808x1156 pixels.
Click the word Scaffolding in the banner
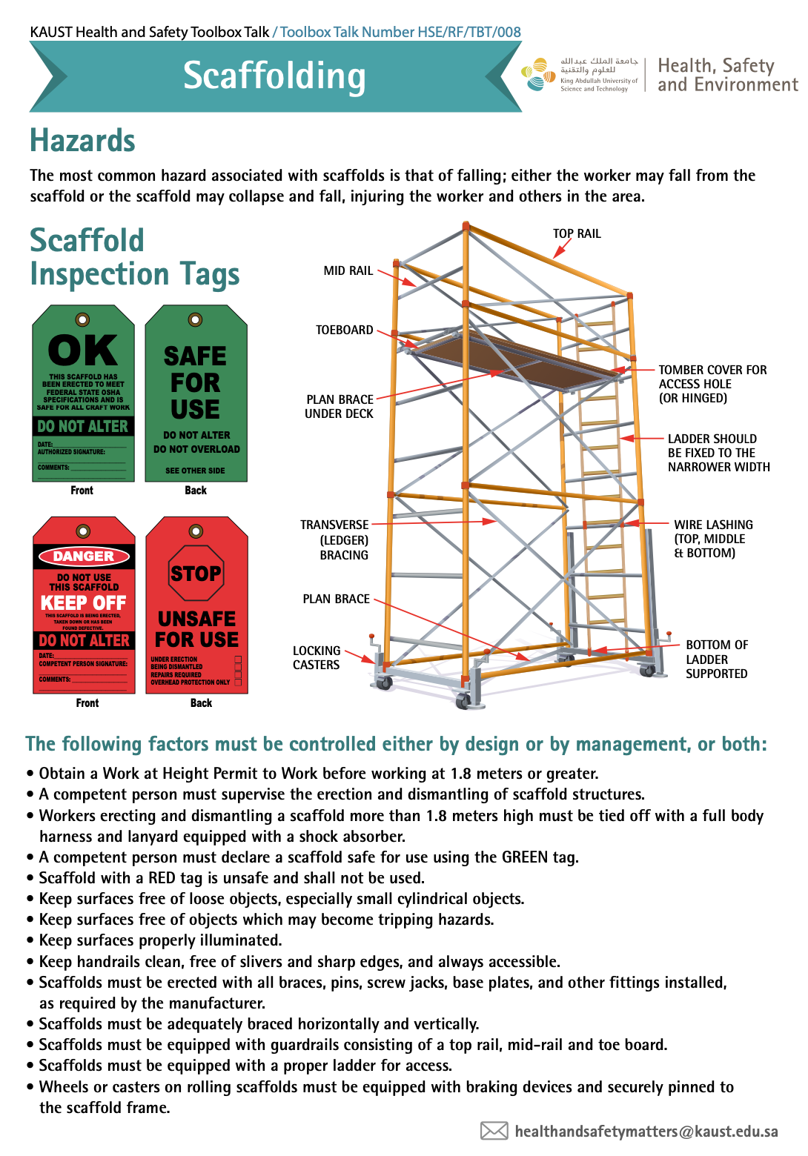click(x=274, y=76)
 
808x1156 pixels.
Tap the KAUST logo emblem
click(x=538, y=75)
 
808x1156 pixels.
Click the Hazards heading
click(x=82, y=141)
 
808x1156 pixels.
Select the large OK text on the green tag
click(x=83, y=351)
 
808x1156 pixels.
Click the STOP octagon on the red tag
click(x=196, y=574)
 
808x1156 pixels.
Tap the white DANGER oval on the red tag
click(x=84, y=556)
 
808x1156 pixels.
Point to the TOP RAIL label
click(x=577, y=233)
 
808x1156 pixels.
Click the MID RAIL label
click(x=348, y=270)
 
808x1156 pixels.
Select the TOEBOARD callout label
click(x=345, y=330)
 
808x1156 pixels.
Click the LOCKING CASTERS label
click(x=317, y=658)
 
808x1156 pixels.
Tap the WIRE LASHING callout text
click(x=713, y=539)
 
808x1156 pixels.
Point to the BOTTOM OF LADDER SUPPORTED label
click(x=716, y=659)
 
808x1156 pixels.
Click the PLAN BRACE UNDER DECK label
click(x=340, y=406)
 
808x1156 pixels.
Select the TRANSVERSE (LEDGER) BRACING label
click(x=334, y=539)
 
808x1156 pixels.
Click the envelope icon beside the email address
click(x=494, y=1131)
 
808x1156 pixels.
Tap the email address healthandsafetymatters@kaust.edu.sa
click(x=646, y=1132)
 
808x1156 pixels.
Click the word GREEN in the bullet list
click(x=525, y=857)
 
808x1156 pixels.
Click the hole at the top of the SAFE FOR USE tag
click(x=196, y=319)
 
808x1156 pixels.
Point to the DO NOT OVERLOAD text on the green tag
click(x=196, y=449)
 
